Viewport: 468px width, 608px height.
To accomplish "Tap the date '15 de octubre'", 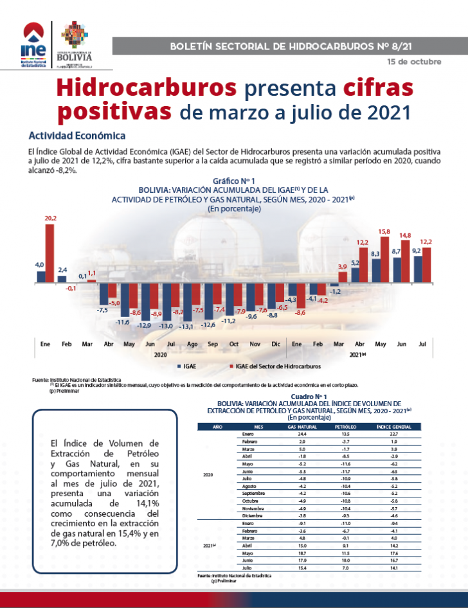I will (415, 62).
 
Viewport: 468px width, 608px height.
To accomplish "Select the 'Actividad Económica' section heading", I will (76, 136).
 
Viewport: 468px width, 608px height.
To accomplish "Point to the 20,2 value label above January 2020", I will (50, 219).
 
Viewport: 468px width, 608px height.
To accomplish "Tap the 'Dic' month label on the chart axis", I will (276, 344).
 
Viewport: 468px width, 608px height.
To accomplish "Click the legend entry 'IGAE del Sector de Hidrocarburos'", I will (278, 366).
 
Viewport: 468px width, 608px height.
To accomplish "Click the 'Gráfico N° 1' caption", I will (234, 182).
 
